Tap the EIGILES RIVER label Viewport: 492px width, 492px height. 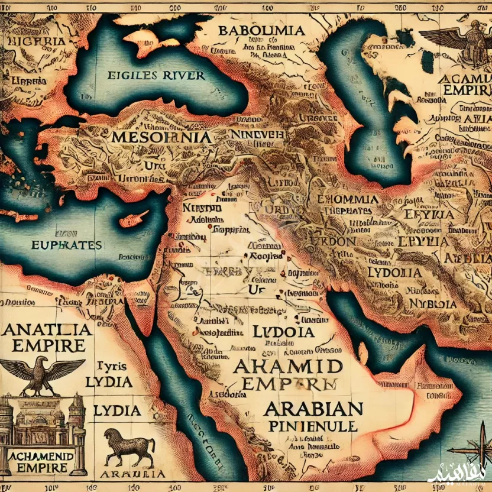157,75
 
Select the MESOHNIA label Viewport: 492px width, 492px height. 160,137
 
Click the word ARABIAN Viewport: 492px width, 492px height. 314,407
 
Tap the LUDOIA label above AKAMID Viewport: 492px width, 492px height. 283,331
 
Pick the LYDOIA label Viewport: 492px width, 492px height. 394,273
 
